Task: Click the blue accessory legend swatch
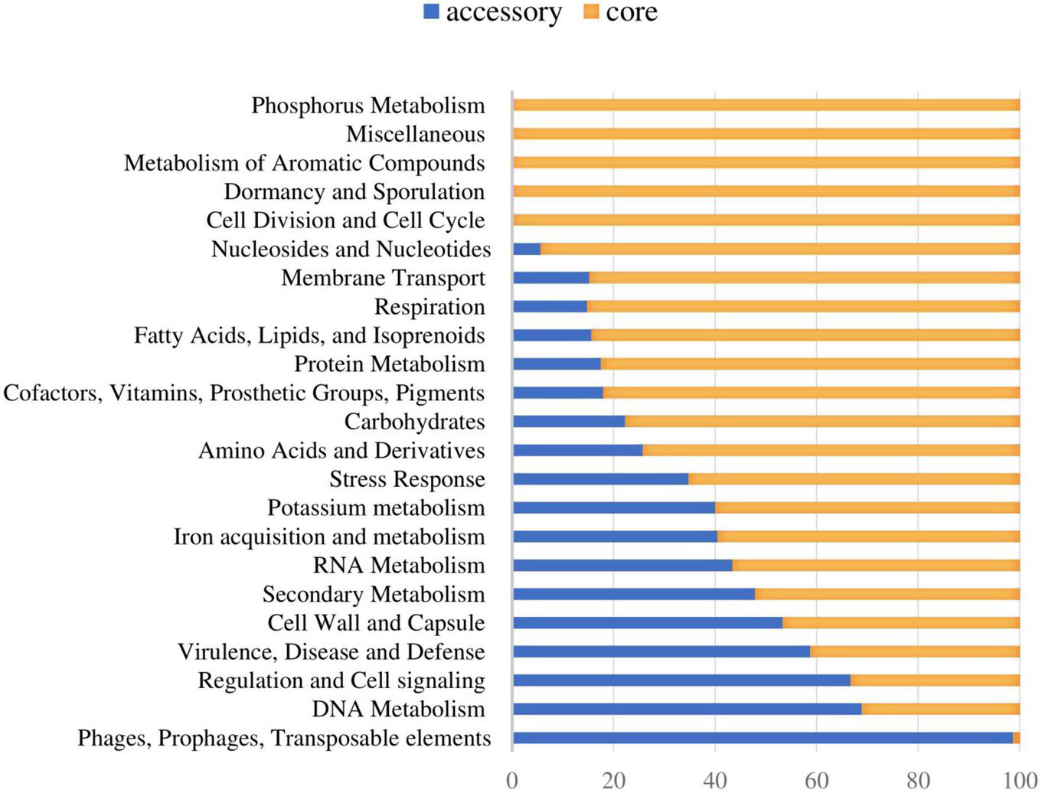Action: click(431, 11)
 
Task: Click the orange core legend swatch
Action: click(590, 11)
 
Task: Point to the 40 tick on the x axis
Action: click(715, 780)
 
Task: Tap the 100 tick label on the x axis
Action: click(1019, 780)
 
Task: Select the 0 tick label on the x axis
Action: click(512, 780)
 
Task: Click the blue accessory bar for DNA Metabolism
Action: click(687, 709)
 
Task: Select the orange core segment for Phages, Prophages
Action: click(1016, 738)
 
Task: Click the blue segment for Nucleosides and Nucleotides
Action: click(527, 249)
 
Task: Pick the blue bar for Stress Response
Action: click(600, 479)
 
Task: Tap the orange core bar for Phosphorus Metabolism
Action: click(766, 105)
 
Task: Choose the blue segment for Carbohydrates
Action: click(569, 422)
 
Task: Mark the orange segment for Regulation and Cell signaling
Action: click(935, 680)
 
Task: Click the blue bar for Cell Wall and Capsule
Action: click(648, 623)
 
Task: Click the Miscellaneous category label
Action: click(415, 134)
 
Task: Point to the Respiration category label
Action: click(430, 306)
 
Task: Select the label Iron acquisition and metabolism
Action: click(329, 537)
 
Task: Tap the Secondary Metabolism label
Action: click(374, 594)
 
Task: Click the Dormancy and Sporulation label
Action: click(354, 191)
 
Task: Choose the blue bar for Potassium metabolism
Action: click(614, 507)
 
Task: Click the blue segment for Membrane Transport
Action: click(551, 278)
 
